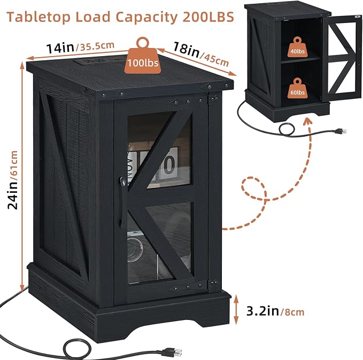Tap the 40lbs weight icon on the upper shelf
(x=297, y=48)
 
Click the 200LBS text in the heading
(x=208, y=17)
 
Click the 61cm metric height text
(x=14, y=163)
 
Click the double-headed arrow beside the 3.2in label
(x=236, y=310)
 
